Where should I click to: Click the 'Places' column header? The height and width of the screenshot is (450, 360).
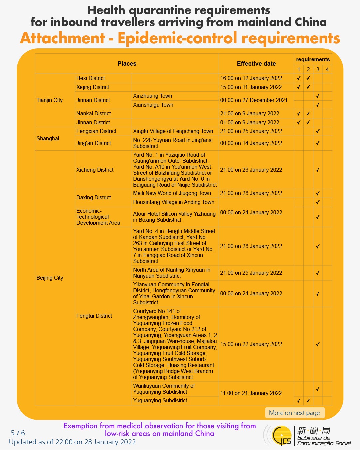(127, 64)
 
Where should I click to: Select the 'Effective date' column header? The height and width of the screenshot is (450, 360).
(256, 64)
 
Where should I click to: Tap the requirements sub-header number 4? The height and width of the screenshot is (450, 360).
(327, 69)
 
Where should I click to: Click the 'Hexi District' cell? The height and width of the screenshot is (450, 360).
(91, 78)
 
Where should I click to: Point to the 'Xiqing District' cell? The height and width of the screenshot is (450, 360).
(93, 87)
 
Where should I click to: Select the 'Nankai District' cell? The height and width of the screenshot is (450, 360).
(94, 113)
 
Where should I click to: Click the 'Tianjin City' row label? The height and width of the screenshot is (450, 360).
(50, 100)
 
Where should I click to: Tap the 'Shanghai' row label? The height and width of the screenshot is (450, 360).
(48, 138)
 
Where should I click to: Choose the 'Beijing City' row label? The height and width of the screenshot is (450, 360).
(50, 278)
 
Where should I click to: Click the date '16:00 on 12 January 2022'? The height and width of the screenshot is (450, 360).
(251, 78)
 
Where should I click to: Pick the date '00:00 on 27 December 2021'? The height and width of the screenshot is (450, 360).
(254, 100)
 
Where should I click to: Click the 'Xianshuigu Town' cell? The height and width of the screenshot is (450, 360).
(153, 105)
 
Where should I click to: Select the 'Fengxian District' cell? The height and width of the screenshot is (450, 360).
(96, 131)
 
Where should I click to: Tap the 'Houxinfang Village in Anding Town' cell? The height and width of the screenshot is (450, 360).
(174, 202)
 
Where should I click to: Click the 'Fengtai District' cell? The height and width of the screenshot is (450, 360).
(94, 316)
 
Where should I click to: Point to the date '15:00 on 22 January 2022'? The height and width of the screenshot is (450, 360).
(251, 344)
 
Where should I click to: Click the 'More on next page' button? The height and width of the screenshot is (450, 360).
(294, 413)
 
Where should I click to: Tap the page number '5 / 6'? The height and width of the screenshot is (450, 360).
(18, 433)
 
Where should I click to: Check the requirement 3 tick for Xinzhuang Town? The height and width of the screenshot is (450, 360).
(318, 96)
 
